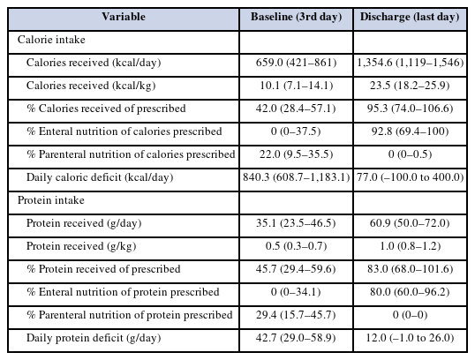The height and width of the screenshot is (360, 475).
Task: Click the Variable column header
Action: [x=124, y=17]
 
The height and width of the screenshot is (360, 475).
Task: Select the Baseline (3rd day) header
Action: [x=296, y=17]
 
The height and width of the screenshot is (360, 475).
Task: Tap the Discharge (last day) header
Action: [x=410, y=17]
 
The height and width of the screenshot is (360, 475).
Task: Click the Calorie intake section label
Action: [x=51, y=40]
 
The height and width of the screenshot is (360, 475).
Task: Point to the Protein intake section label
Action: [x=51, y=200]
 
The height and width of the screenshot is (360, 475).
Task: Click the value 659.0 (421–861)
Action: [x=296, y=63]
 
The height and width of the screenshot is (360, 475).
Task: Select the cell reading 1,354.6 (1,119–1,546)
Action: [x=411, y=63]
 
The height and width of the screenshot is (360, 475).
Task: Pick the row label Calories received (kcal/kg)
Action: [x=91, y=86]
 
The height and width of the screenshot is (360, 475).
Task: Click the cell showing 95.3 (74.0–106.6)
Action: [x=411, y=109]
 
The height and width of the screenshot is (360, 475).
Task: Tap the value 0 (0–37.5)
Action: [x=296, y=131]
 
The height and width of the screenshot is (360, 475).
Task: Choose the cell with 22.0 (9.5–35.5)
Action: [x=296, y=154]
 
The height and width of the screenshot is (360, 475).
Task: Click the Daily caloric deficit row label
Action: [x=100, y=177]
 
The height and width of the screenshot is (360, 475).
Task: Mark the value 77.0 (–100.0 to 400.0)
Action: [x=411, y=177]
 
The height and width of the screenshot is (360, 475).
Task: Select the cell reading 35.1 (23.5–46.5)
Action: [x=296, y=223]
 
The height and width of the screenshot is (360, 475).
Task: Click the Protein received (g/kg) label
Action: [x=81, y=246]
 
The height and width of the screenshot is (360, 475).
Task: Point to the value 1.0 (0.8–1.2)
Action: [x=411, y=246]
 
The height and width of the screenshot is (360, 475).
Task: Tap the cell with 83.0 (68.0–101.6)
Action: [x=411, y=269]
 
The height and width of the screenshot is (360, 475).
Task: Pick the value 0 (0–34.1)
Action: [x=296, y=292]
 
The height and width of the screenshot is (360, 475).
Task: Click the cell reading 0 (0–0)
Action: [x=411, y=315]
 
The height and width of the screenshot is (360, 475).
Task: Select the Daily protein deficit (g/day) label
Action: [x=94, y=338]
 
